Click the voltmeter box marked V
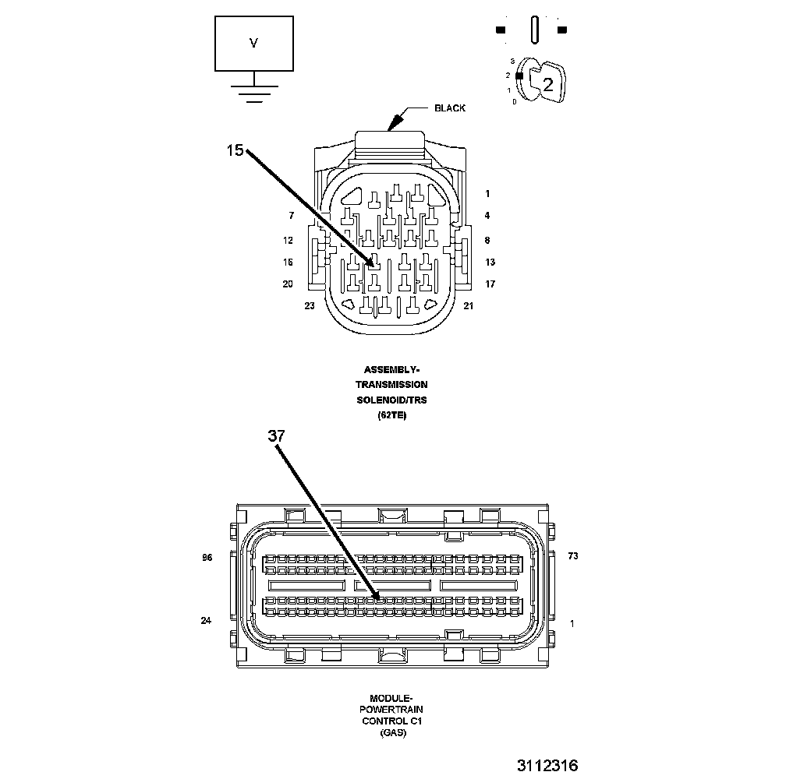point(253,44)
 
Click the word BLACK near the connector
point(450,108)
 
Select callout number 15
point(235,150)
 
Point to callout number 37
point(277,436)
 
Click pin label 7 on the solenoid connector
point(291,216)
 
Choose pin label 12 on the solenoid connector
point(288,241)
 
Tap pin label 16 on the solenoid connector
point(288,263)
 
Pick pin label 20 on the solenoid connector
point(288,284)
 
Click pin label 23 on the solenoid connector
point(310,306)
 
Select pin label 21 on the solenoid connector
point(469,306)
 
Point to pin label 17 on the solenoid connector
point(490,284)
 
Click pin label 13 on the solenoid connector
point(490,263)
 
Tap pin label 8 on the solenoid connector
point(487,241)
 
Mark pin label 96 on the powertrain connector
point(207,558)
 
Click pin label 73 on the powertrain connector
point(572,556)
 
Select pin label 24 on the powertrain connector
point(206,621)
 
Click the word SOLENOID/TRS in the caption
point(391,400)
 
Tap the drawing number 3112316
point(547,765)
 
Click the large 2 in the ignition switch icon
point(547,85)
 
